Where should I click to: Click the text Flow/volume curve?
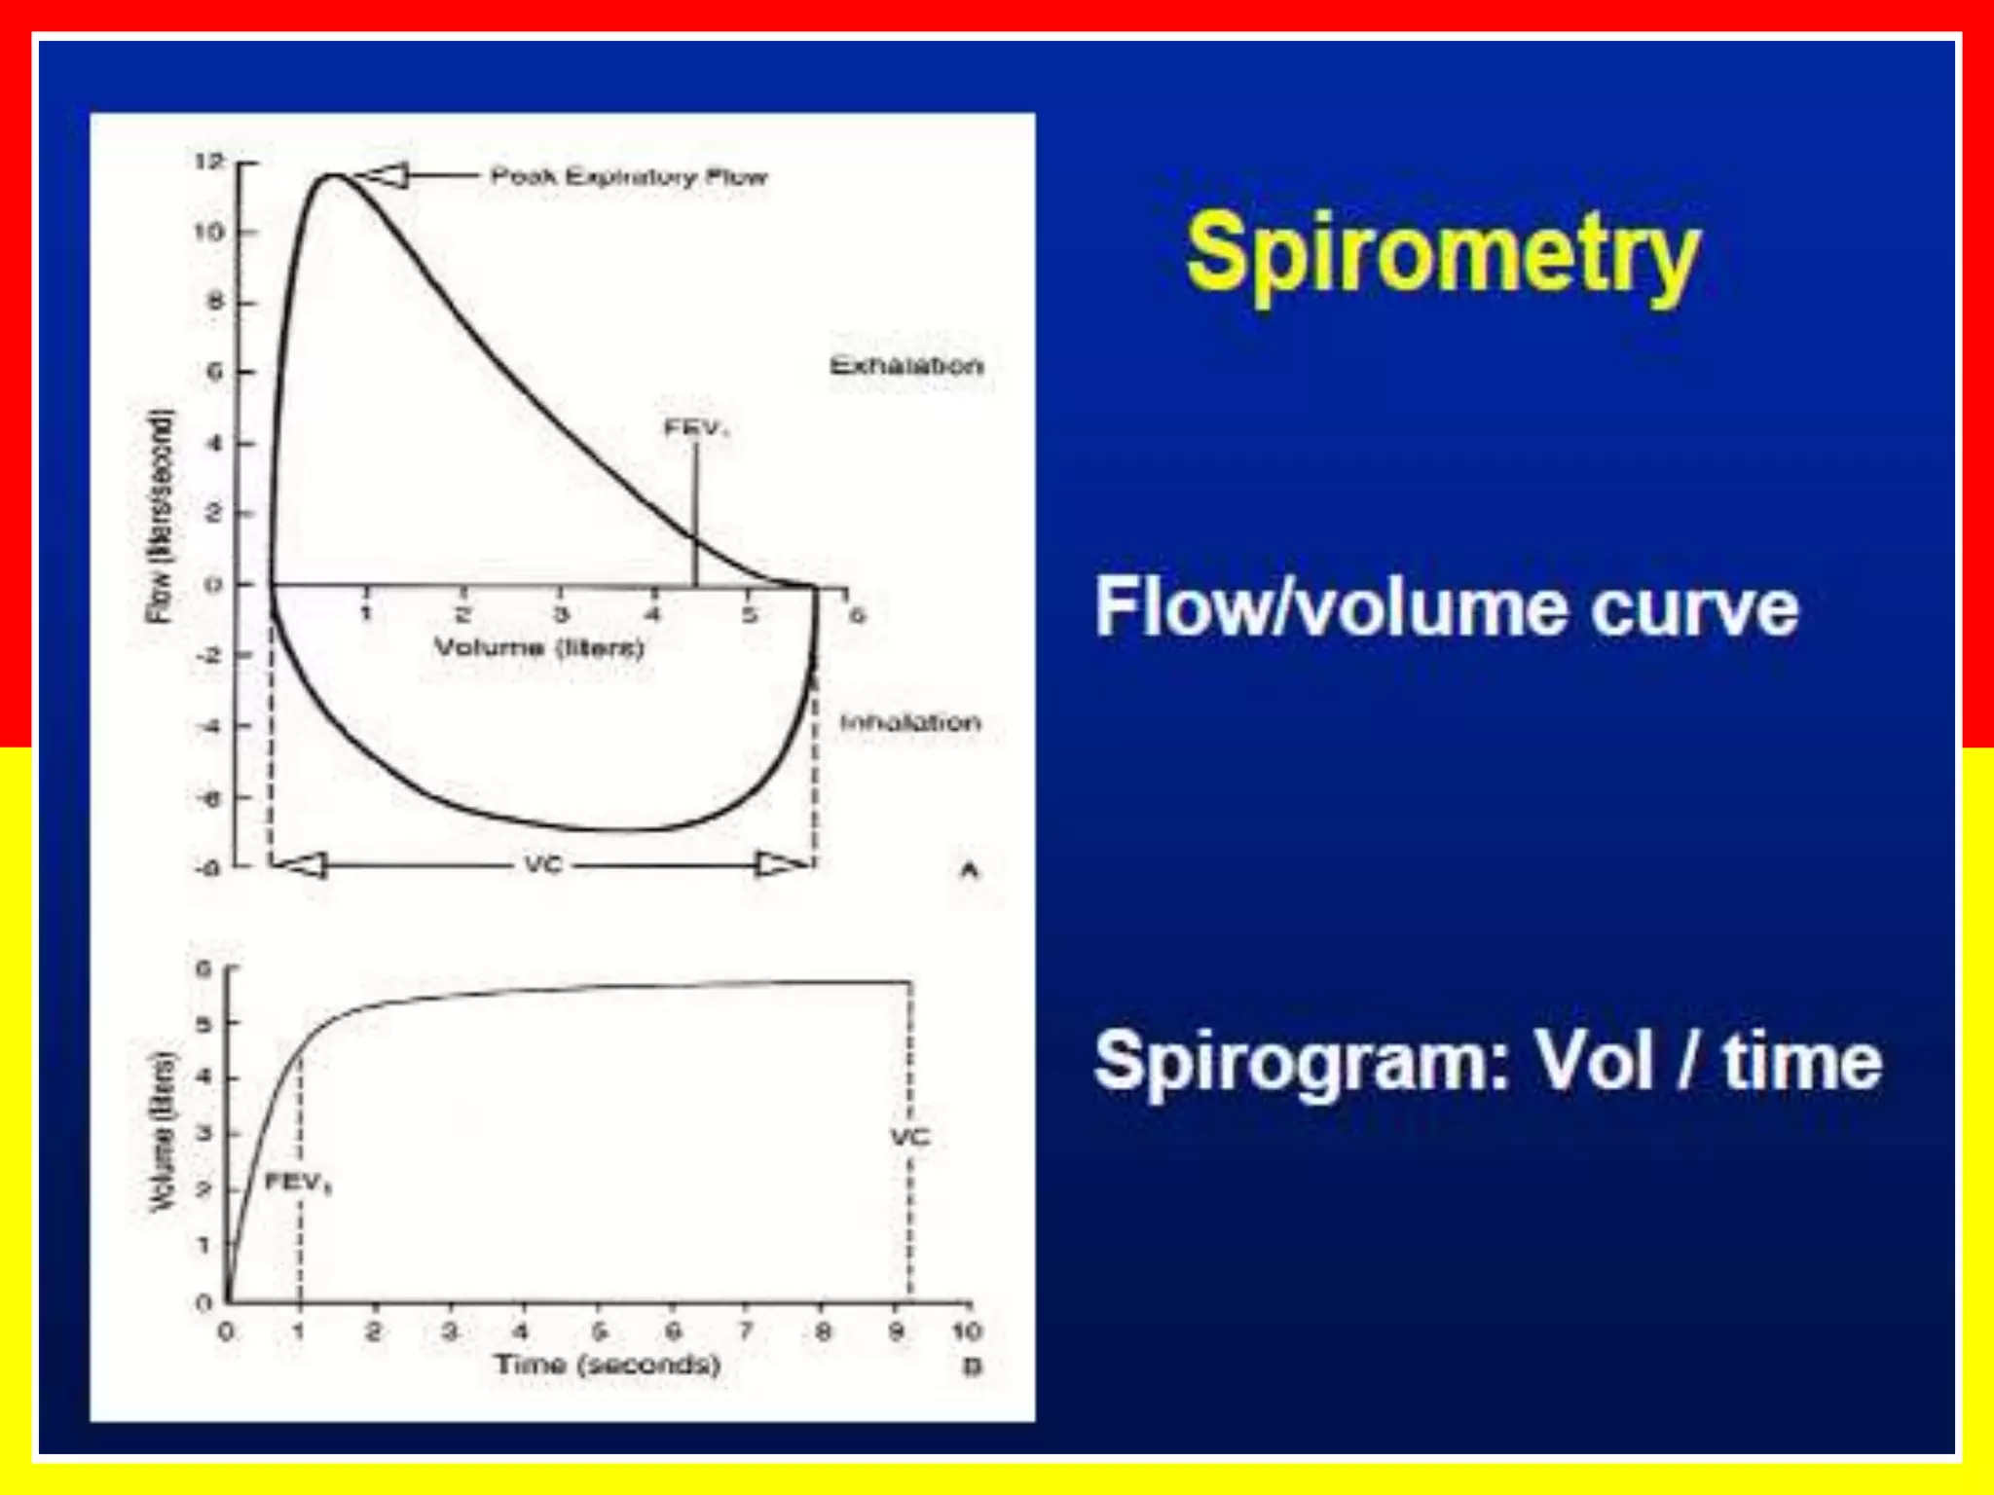1447,607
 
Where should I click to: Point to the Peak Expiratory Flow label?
629,176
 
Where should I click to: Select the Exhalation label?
906,366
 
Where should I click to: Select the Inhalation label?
910,722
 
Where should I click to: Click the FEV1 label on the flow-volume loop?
695,427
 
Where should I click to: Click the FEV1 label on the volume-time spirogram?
297,1183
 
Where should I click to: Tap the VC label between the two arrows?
543,864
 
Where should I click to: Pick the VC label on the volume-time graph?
910,1137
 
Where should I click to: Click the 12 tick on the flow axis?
208,162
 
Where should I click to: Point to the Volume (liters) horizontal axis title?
538,647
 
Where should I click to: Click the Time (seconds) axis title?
608,1365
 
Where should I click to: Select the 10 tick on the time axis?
966,1331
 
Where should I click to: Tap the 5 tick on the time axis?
600,1331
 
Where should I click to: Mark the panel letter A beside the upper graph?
969,870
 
